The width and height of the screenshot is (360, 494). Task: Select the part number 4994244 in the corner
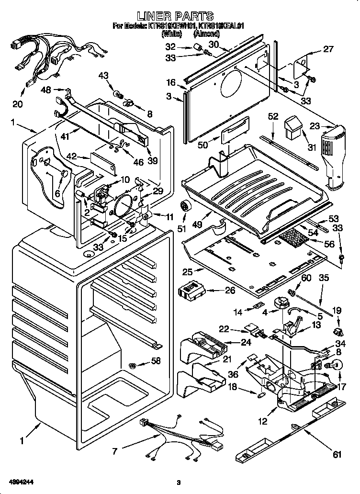tap(20, 481)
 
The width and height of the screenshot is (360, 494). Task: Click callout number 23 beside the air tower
tap(314, 127)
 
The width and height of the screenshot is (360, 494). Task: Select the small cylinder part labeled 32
tap(195, 47)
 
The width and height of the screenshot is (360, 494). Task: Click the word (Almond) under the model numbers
tap(206, 34)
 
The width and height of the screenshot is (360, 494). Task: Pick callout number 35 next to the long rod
tap(324, 277)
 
